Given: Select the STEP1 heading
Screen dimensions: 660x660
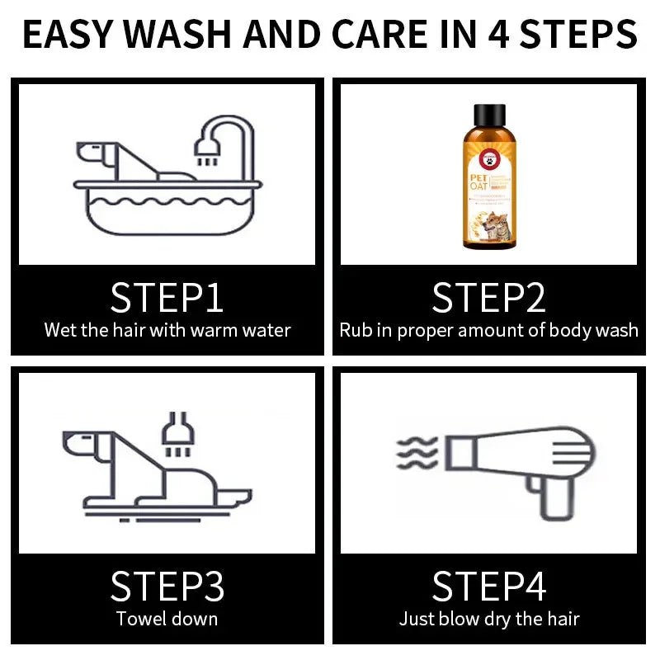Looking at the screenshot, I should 167,298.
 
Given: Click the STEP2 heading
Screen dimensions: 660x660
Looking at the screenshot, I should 488,298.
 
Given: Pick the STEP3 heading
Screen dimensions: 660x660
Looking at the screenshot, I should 167,587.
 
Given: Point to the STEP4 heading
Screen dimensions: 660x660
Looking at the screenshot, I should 488,587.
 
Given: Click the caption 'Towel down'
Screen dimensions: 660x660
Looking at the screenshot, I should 167,619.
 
